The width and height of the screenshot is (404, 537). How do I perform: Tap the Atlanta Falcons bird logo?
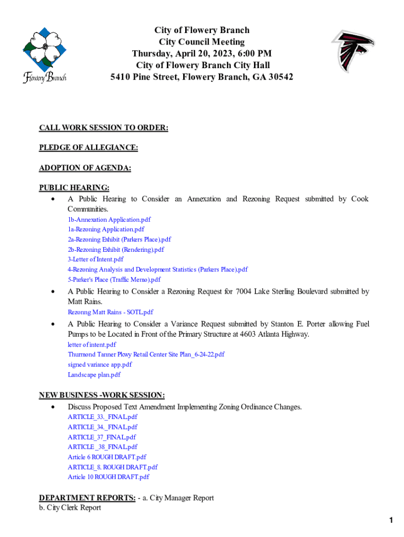[x=353, y=51]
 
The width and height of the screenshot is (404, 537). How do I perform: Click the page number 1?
[x=391, y=520]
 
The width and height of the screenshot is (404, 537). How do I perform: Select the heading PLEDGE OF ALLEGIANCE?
[x=88, y=148]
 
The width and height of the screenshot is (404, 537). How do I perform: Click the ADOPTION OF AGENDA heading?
[x=85, y=168]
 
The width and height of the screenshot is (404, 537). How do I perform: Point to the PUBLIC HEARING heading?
[x=75, y=188]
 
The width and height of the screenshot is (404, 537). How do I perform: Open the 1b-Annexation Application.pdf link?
[x=109, y=220]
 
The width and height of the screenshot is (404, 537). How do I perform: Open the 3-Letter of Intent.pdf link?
[x=95, y=259]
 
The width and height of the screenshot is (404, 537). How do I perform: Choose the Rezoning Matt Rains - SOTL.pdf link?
[x=110, y=312]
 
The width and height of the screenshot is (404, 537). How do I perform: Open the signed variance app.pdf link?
[x=100, y=364]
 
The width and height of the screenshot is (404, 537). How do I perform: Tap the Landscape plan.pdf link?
[x=94, y=374]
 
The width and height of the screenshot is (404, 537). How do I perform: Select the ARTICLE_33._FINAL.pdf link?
[x=103, y=417]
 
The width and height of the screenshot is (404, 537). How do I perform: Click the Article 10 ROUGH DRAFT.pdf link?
[x=108, y=477]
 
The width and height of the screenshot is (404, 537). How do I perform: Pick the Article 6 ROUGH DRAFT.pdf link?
[x=107, y=457]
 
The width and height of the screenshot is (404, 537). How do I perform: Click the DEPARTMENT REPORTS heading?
[x=87, y=498]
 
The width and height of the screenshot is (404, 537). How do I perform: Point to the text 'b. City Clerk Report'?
[x=70, y=508]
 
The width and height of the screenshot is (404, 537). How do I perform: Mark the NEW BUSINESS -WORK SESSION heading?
[x=102, y=395]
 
